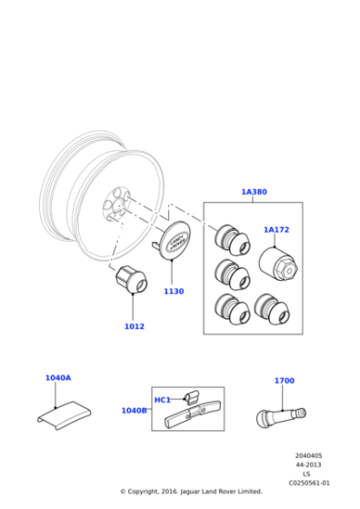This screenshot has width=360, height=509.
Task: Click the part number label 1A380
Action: (254, 192)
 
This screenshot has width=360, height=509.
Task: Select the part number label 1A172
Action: (276, 230)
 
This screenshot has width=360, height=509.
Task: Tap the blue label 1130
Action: (174, 292)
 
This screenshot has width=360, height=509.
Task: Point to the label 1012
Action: (134, 326)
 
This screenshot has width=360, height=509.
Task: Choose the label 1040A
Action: (58, 377)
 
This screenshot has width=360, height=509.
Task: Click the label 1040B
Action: (134, 411)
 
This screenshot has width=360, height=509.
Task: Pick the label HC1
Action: (163, 400)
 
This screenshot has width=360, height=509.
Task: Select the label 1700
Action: (285, 381)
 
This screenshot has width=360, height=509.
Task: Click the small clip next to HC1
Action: (191, 395)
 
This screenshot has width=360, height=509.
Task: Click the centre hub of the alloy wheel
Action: (113, 205)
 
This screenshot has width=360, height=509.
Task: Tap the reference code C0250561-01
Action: (309, 483)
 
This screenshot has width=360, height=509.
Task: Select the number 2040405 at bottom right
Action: (309, 455)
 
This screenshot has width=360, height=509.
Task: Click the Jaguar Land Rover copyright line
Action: (191, 492)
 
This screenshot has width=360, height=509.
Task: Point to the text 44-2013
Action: (309, 464)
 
